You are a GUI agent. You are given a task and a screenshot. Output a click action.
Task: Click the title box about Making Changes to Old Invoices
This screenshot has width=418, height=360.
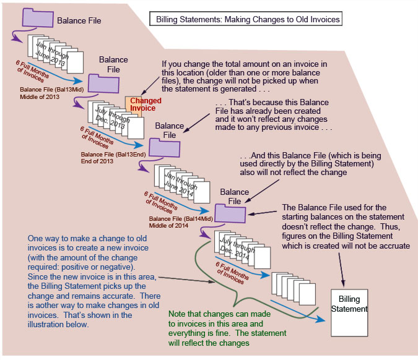(246, 19)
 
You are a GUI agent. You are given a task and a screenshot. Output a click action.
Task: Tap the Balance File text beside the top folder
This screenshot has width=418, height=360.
(79, 20)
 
